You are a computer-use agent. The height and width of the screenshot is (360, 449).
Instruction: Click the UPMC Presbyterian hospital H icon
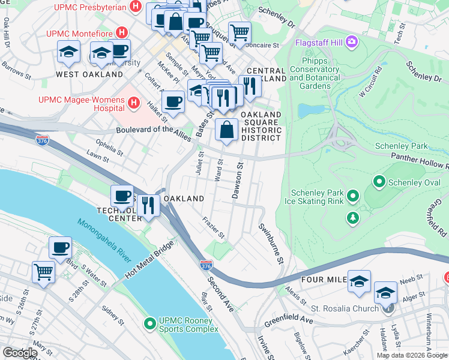[x=136, y=8]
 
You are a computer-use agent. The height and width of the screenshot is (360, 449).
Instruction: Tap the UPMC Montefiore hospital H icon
[x=122, y=32]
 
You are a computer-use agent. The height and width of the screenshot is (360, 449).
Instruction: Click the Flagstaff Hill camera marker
[x=351, y=43]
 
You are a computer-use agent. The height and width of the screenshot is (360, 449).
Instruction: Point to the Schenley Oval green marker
[x=379, y=180]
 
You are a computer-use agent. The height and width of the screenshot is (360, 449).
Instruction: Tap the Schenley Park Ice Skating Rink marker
[x=353, y=196]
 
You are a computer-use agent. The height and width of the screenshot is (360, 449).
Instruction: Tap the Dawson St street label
[x=238, y=180]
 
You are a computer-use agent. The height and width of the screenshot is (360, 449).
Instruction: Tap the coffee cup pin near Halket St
[x=173, y=101]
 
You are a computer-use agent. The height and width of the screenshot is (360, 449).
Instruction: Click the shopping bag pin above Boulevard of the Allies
[x=226, y=129]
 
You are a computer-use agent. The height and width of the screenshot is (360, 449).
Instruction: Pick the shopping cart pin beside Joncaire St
[x=240, y=32]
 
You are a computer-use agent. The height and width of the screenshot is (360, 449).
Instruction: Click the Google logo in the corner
[x=20, y=353]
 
